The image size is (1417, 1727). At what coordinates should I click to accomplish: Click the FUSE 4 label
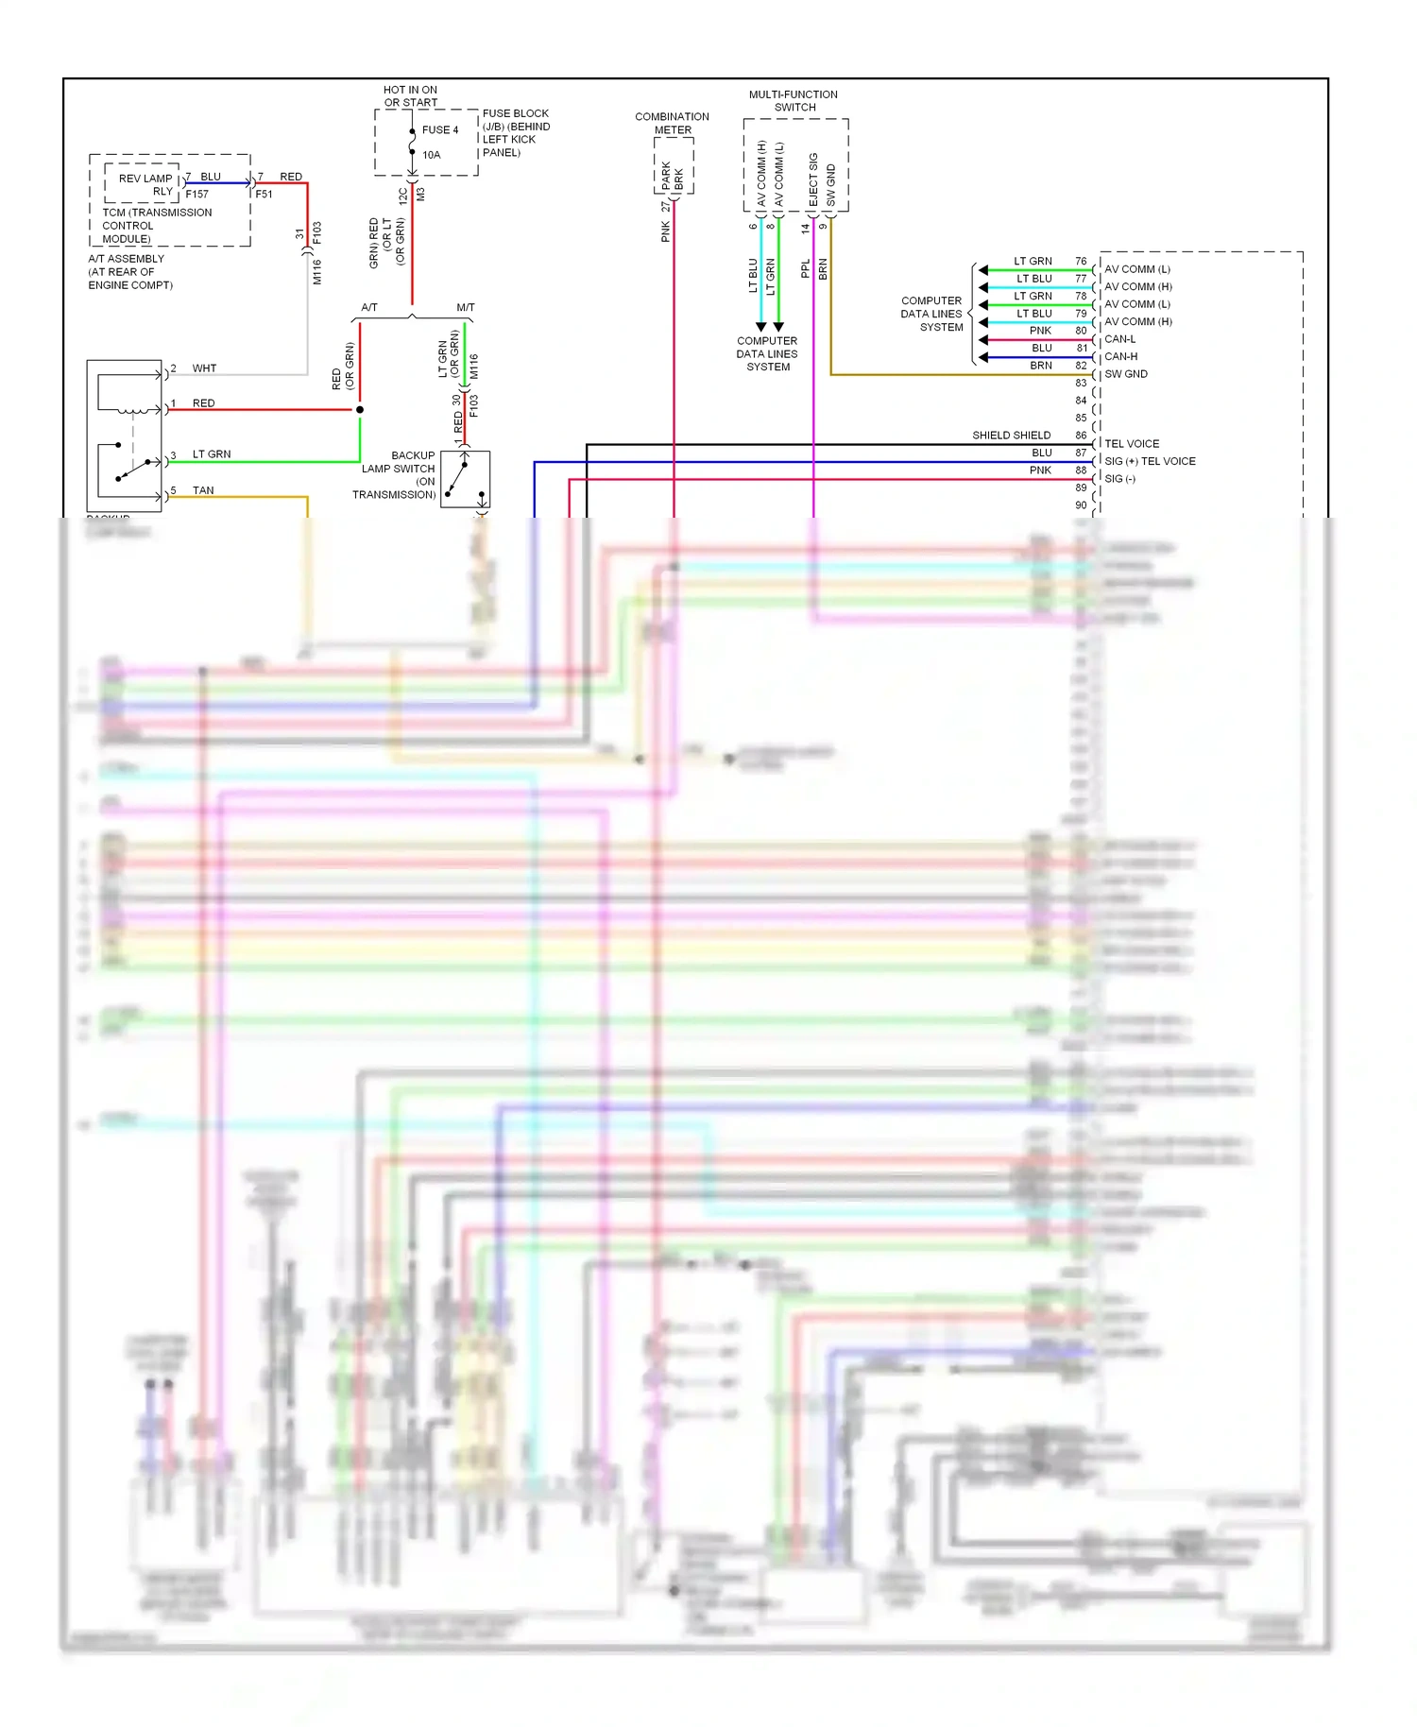pos(439,130)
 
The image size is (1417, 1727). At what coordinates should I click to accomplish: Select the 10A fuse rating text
pos(431,155)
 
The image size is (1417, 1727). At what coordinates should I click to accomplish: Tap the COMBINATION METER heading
pos(672,123)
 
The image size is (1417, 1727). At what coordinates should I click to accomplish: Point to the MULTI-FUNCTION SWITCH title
pos(794,101)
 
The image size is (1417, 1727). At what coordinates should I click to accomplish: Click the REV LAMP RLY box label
pos(145,184)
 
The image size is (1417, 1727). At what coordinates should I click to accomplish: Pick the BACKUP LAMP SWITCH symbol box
pos(465,480)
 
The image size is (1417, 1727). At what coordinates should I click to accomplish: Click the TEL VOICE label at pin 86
pos(1132,444)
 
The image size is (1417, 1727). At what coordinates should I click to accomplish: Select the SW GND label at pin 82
pos(1126,374)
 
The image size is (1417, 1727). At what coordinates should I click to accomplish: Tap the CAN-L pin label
pos(1120,339)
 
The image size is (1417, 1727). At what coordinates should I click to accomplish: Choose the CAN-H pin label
pos(1120,357)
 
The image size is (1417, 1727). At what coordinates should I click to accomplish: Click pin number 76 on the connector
pos(1081,262)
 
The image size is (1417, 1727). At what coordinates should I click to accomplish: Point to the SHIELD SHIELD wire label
pos(1011,436)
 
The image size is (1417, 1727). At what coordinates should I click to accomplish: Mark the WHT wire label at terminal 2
pos(204,368)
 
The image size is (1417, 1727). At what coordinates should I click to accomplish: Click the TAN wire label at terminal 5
pos(203,490)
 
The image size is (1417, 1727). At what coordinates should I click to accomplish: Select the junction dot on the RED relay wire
pos(360,410)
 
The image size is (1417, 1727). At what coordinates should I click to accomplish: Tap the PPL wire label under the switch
pos(806,269)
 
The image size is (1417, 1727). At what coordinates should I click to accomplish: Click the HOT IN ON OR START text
pos(410,96)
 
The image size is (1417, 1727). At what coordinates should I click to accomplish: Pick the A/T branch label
pos(369,308)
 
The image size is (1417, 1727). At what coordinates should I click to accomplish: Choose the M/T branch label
pos(466,308)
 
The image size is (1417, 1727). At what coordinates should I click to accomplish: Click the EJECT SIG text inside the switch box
pos(813,180)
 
